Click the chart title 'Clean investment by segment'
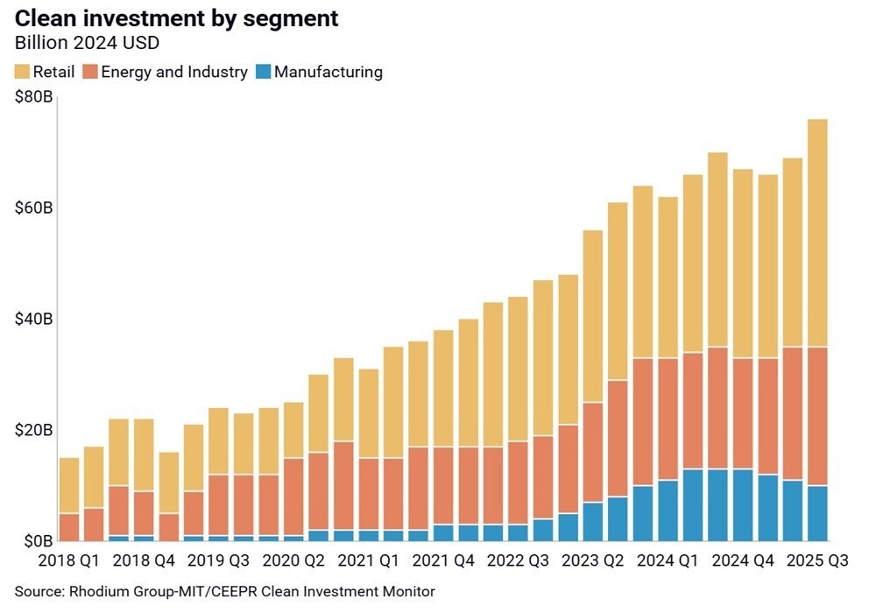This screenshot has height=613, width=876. pos(176,19)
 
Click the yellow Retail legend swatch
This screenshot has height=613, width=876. pos(21,72)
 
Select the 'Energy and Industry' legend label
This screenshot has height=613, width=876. pos(174,72)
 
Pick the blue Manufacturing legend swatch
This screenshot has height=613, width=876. pos(262,72)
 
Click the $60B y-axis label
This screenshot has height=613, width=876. pos(33,208)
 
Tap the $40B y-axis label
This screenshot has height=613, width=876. pos(33,319)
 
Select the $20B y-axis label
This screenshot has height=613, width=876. pos(33,430)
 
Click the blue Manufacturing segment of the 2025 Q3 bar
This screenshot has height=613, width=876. pos(816,513)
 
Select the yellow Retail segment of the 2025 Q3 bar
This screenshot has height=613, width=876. pos(816,233)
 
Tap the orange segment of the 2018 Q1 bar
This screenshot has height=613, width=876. pos(69,527)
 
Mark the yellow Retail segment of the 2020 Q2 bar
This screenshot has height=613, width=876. pos(318,413)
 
